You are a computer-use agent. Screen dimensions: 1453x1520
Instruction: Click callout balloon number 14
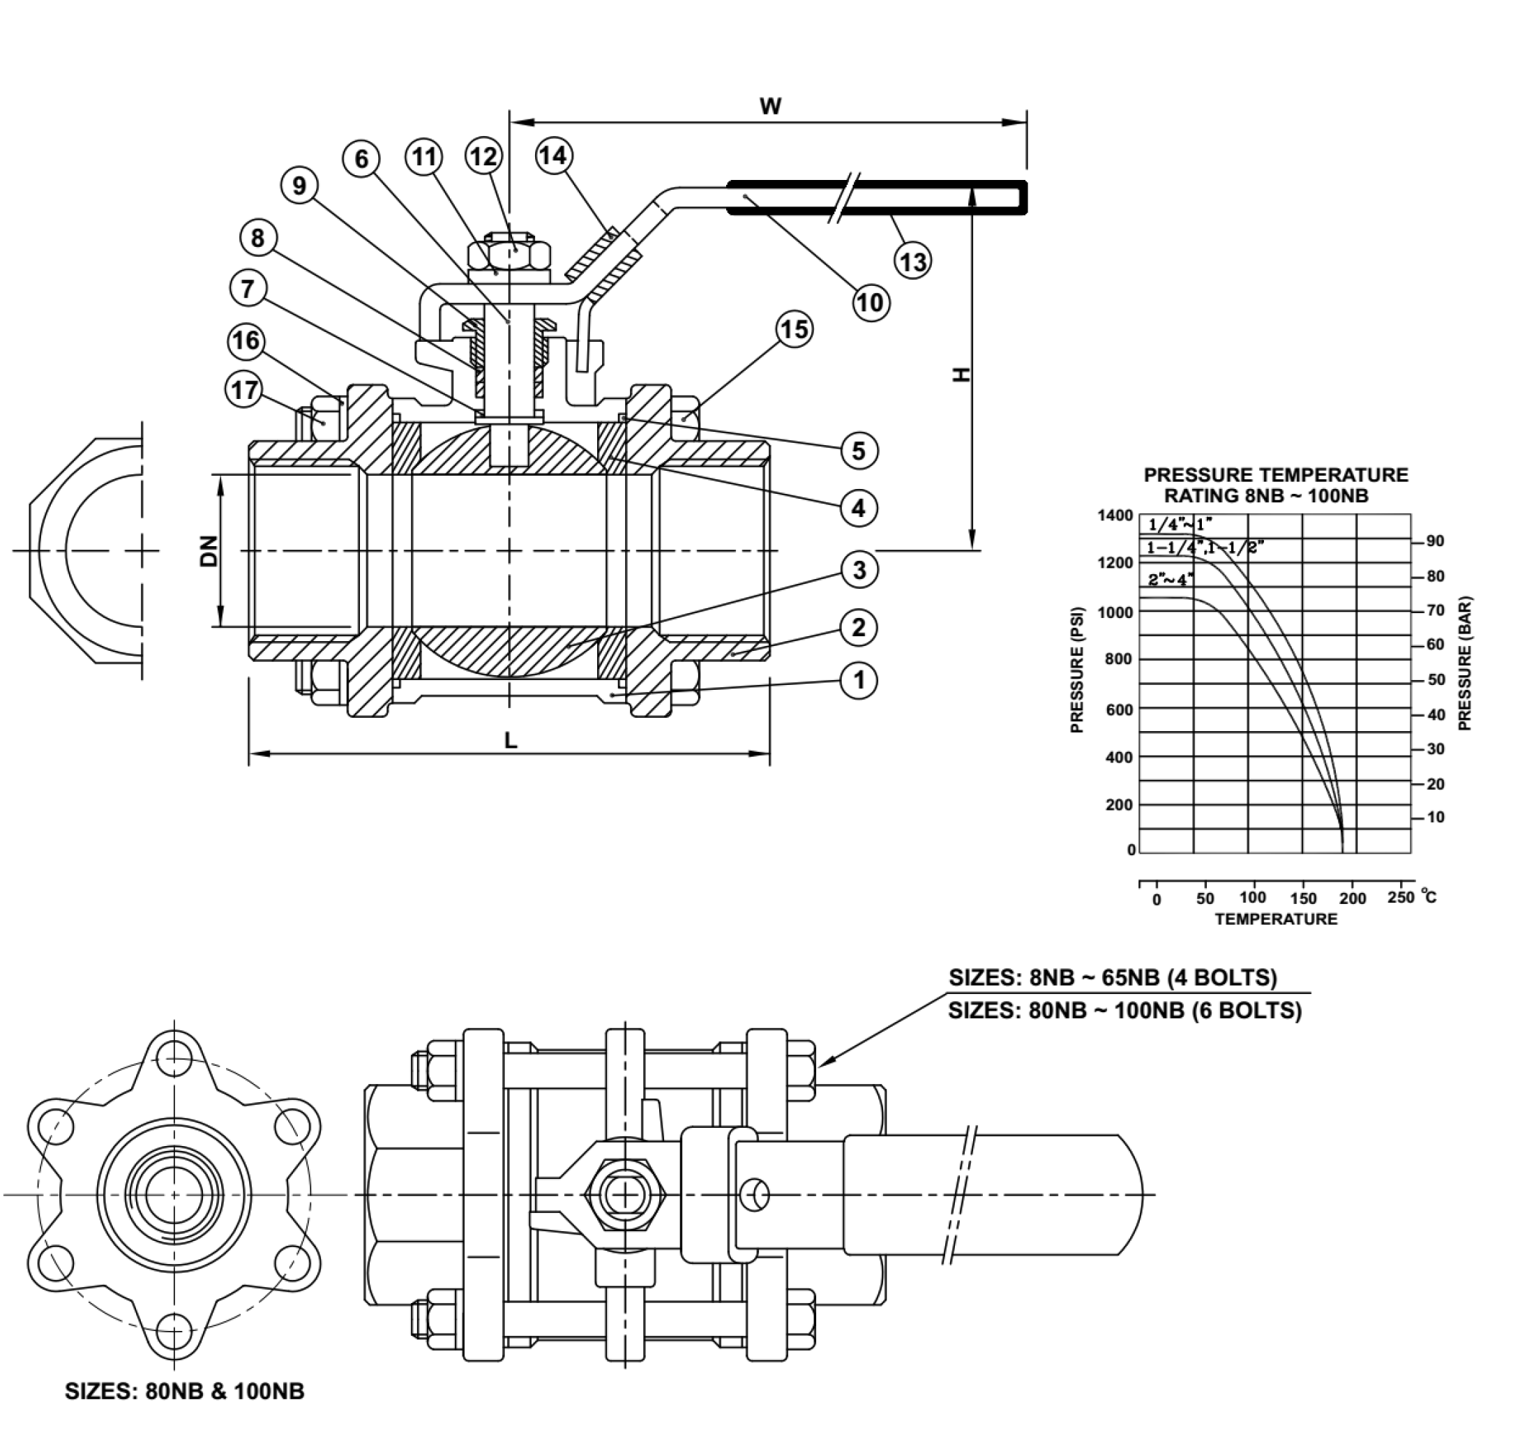tap(552, 156)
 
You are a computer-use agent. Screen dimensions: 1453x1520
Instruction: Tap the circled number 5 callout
tap(859, 450)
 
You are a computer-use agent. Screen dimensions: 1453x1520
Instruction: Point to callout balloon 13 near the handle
tap(912, 261)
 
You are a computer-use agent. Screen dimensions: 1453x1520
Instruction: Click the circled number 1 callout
tap(859, 681)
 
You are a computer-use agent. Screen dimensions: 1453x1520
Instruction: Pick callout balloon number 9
tap(299, 185)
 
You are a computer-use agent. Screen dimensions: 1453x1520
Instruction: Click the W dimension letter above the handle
tap(770, 106)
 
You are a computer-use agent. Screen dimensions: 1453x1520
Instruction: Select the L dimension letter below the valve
tap(511, 741)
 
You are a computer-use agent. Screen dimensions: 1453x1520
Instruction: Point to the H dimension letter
tap(961, 375)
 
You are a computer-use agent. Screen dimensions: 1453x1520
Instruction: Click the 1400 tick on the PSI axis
tap(1115, 515)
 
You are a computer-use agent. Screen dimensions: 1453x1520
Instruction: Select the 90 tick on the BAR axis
tap(1435, 541)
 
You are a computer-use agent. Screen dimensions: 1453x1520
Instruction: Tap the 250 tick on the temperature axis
tap(1401, 897)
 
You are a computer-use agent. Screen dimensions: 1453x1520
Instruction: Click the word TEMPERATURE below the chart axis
tap(1276, 919)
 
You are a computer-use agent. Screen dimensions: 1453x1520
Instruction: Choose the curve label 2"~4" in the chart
tap(1170, 580)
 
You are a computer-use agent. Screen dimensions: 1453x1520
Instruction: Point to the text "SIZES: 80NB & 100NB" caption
tap(184, 1391)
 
